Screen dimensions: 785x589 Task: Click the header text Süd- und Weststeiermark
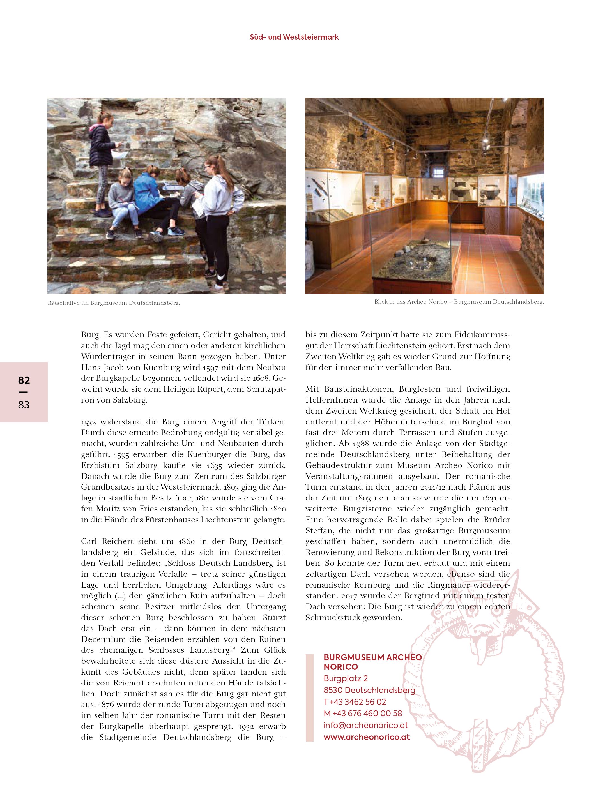tap(294, 37)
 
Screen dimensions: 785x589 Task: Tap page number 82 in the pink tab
tap(24, 380)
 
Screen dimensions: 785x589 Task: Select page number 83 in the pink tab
tap(24, 405)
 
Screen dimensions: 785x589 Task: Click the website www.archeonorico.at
tap(367, 737)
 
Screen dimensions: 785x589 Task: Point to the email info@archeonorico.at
tap(366, 725)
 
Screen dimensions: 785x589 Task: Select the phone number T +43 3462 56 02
tap(355, 702)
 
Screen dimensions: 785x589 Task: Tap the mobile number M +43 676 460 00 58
tap(363, 713)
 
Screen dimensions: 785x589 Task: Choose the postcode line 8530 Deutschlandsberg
tap(369, 690)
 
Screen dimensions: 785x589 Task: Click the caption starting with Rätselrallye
tap(114, 303)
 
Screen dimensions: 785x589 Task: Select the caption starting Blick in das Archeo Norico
tap(459, 302)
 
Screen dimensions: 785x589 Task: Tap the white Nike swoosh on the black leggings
tap(220, 277)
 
